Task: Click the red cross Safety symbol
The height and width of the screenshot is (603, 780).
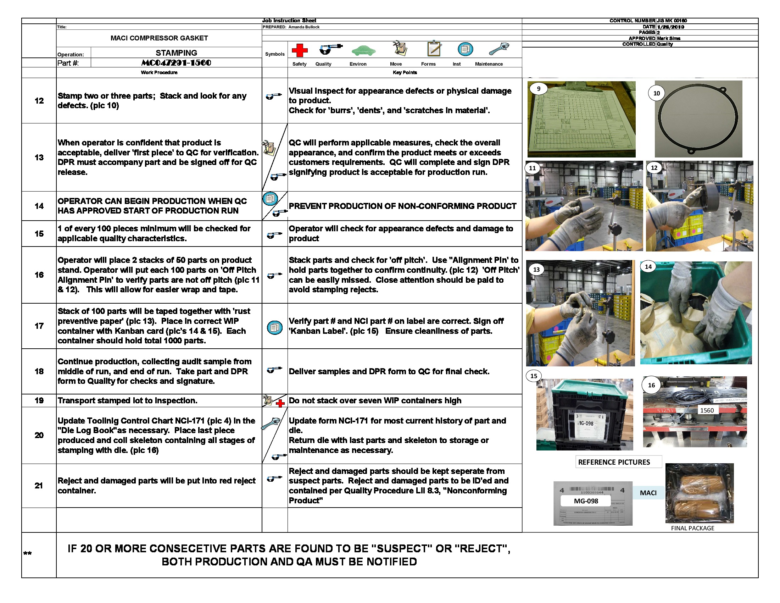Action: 300,50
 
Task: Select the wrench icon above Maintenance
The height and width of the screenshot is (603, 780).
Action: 498,49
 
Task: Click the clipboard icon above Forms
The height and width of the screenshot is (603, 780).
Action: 434,49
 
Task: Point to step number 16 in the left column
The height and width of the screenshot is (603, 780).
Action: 39,275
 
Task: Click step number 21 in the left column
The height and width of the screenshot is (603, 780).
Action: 39,486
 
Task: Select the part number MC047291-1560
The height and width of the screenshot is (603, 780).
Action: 176,63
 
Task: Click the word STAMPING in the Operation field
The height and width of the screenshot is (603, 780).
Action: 176,53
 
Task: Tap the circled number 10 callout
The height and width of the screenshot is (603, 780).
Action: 656,93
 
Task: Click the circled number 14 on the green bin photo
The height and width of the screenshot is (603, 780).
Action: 648,266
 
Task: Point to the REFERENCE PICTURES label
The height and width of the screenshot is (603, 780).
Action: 614,462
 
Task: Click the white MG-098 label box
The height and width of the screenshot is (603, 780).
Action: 586,501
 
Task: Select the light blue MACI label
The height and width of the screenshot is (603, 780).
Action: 648,493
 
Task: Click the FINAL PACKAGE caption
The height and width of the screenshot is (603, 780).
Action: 692,528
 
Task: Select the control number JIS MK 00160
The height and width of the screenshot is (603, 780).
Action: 672,21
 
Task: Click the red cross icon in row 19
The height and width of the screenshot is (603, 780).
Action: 280,404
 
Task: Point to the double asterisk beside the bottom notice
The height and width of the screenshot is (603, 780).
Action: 27,554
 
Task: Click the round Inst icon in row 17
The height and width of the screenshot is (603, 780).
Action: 275,327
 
